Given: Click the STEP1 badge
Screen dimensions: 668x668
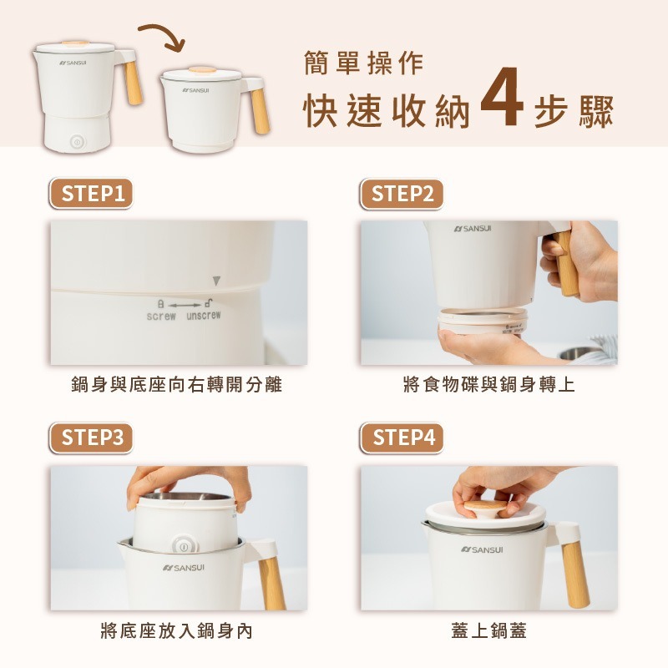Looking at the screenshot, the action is coord(91,194).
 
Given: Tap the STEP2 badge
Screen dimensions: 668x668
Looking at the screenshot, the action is coord(402,194).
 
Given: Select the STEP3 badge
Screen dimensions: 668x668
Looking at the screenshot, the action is coord(91,438).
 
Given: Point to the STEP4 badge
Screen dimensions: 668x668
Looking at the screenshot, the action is coord(402,438).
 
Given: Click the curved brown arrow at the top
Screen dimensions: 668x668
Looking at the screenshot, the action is coord(164,34).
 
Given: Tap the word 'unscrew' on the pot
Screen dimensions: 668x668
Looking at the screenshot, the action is coord(203,316).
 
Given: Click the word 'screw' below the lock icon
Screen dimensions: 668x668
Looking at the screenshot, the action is coord(161,316).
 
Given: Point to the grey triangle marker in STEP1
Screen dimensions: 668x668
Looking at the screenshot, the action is coord(216,281).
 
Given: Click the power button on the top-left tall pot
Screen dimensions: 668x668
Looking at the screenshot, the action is coord(77,142).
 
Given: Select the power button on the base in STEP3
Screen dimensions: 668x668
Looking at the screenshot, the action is coord(185,546).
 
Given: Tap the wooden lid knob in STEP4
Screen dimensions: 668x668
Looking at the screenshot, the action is coord(485,507).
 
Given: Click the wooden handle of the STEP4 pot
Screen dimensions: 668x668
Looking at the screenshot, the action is coord(575,574).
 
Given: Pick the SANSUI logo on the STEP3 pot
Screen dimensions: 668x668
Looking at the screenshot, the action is coord(184,568).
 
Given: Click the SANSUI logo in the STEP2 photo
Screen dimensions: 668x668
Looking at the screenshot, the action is coord(473,229).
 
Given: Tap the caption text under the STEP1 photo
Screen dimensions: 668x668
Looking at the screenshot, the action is coord(176,385).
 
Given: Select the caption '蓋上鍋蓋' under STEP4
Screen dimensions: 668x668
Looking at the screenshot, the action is coord(488,630).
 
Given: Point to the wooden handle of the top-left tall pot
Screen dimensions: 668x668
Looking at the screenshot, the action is coord(134,83).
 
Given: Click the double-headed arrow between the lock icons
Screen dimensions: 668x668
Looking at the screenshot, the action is coord(185,306).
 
